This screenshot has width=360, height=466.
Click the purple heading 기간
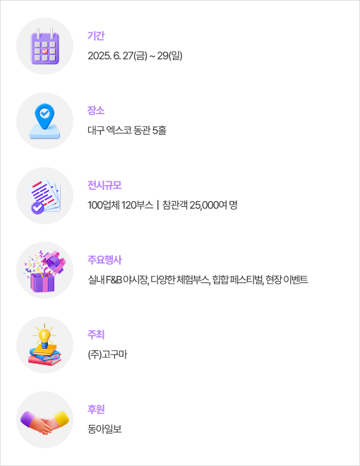click(96, 36)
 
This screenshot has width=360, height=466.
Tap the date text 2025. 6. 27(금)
click(117, 56)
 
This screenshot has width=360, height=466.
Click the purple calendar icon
click(45, 47)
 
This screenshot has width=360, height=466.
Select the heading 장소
click(96, 110)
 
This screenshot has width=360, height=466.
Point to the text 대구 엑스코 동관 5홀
click(127, 130)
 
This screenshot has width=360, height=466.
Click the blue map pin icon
click(44, 116)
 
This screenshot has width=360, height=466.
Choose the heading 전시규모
click(104, 185)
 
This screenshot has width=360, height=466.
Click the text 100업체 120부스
click(120, 205)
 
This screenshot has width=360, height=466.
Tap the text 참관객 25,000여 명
click(200, 205)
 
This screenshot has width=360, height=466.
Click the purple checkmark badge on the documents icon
click(37, 208)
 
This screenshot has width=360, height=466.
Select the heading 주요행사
click(104, 260)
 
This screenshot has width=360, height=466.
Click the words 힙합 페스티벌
click(238, 280)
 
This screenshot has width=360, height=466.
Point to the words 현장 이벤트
click(287, 280)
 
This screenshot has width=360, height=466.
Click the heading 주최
click(96, 335)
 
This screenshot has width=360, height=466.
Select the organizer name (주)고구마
click(107, 354)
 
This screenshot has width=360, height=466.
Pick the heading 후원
click(96, 410)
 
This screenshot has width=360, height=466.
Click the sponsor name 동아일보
click(104, 429)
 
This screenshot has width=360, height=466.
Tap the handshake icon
click(44, 422)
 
